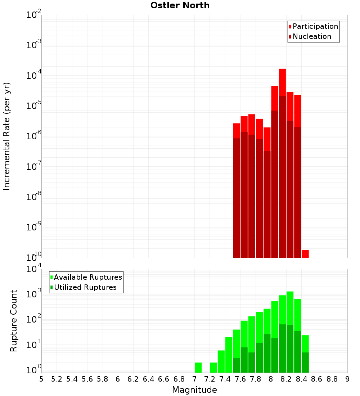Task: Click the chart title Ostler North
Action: click(180, 5)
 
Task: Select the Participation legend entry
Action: click(315, 26)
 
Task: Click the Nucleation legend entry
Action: click(311, 36)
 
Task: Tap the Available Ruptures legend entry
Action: click(87, 277)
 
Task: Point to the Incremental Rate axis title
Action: click(7, 136)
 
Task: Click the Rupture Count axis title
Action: click(14, 321)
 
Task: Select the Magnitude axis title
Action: click(194, 390)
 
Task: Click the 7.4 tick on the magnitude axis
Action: click(225, 379)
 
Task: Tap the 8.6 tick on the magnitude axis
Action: click(317, 379)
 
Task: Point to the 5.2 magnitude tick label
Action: click(57, 379)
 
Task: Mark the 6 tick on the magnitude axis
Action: click(118, 379)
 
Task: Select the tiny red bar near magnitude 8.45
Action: click(305, 253)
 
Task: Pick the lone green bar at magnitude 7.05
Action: click(198, 367)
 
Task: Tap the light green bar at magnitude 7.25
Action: click(213, 367)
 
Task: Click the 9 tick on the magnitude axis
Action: click(347, 379)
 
